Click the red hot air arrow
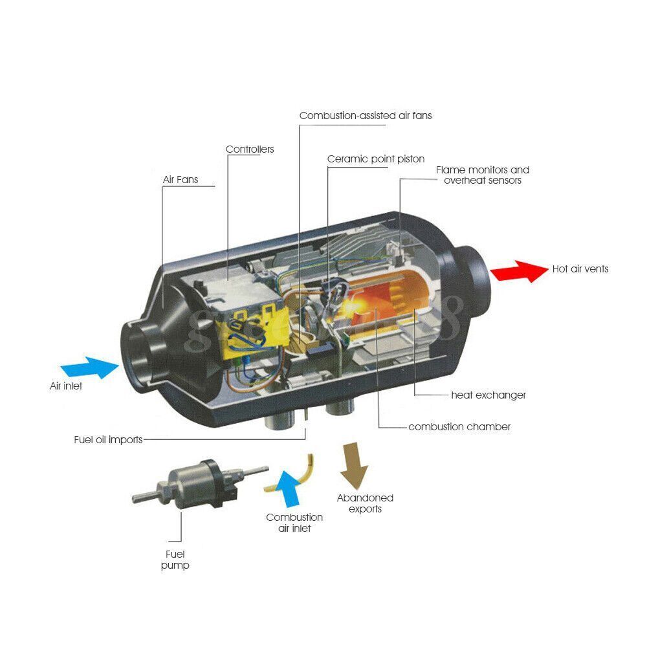pos(520,270)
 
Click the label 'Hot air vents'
pos(580,269)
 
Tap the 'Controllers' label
pos(250,149)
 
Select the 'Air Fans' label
pos(180,180)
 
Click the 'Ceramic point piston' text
pos(376,159)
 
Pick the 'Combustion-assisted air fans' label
pos(366,116)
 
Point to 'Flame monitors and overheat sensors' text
pos(483,175)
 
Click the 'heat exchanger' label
pos(488,395)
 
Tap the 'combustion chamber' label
pos(459,427)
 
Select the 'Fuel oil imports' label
pos(108,440)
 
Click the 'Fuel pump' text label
pos(176,560)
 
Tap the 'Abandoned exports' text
pos(365,503)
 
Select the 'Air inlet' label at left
pos(67,386)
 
